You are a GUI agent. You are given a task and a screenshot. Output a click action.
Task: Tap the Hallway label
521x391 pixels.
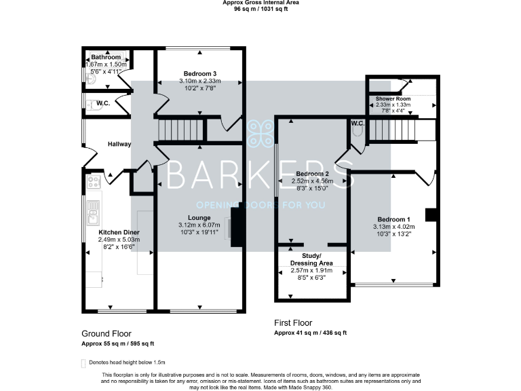coord(119,144)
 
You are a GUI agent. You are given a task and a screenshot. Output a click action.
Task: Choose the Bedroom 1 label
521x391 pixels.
coord(394,219)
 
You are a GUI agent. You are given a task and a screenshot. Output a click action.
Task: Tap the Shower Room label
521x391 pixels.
coord(394,98)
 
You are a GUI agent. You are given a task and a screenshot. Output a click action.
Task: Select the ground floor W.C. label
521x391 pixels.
coord(103,103)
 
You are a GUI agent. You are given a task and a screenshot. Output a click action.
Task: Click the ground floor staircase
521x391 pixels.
coord(180,129)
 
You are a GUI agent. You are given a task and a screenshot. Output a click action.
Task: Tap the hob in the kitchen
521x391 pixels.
coord(94,182)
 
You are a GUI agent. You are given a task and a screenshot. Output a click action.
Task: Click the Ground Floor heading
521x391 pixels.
coord(107,333)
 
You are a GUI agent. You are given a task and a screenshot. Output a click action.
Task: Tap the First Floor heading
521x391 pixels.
coord(293,323)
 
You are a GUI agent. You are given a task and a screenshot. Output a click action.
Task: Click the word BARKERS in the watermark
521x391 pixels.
coord(260,176)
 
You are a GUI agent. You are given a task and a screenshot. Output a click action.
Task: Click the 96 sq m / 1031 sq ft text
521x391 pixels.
coord(260,10)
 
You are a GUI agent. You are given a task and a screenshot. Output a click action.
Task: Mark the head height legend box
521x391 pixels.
coord(84,362)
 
